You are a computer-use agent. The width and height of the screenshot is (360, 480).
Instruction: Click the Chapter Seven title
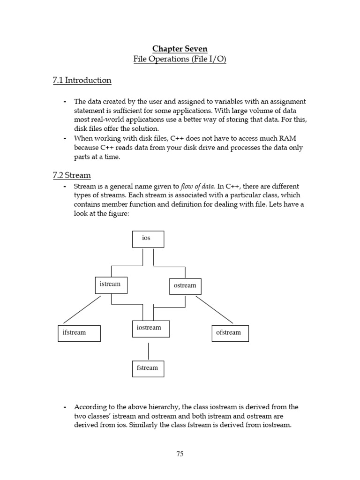coord(180,49)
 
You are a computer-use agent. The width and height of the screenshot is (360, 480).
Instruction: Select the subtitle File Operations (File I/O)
coord(180,60)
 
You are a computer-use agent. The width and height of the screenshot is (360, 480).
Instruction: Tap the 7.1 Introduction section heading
coord(82,80)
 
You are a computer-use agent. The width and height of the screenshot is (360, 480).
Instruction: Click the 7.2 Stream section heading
coord(72,175)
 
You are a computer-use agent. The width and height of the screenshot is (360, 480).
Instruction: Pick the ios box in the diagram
coord(148,239)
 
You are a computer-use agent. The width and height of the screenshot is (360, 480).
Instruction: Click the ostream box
coord(185,286)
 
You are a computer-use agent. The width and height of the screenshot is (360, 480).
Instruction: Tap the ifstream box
coord(79,333)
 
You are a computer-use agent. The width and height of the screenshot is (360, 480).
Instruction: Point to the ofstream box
coord(230,333)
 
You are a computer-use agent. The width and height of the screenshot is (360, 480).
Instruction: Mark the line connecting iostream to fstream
coord(149,351)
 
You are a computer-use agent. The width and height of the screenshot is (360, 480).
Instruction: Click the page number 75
coord(180,454)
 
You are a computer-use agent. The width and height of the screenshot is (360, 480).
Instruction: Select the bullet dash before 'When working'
coord(65,138)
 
